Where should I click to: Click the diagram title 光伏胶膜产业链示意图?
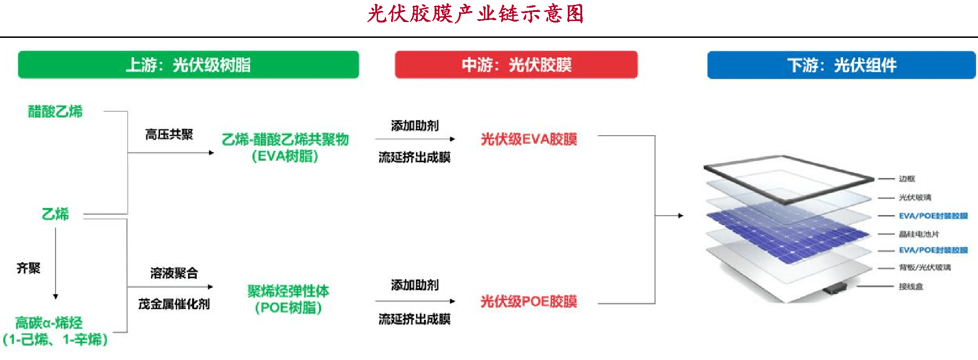475,14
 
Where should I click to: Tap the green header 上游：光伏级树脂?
188,65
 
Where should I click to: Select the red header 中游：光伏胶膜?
516,65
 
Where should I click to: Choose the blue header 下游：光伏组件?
841,65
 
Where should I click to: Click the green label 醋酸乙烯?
55,112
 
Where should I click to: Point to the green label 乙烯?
55,214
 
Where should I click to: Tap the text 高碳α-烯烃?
49,323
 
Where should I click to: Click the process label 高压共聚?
169,135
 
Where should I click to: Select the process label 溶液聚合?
174,273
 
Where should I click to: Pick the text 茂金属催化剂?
174,304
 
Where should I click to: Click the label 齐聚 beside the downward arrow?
28,268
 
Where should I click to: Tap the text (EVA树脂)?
285,156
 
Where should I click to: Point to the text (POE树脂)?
288,308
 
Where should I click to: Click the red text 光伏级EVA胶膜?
529,139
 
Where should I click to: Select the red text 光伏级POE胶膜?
529,302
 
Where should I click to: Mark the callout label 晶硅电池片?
919,234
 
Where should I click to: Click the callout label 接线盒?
911,287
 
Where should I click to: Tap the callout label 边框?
907,179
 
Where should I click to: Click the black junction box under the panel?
834,289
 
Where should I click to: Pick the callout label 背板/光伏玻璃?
925,267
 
